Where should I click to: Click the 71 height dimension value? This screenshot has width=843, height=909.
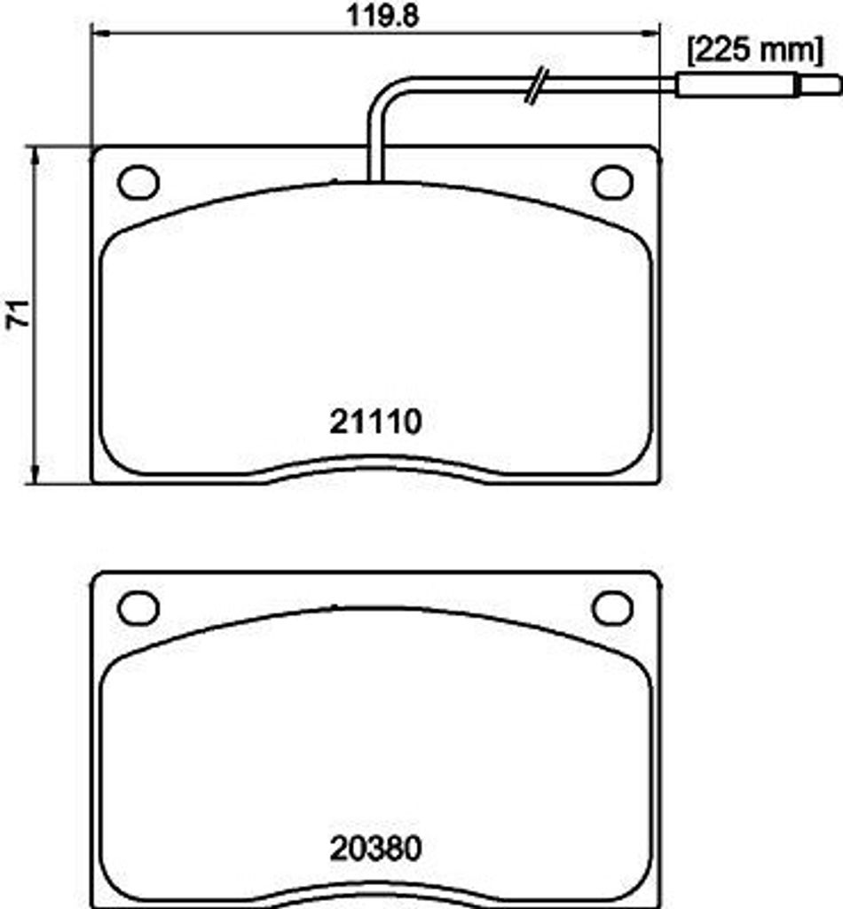click(19, 315)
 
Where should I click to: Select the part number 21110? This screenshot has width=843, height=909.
click(374, 423)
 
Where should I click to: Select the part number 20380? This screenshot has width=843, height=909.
click(374, 849)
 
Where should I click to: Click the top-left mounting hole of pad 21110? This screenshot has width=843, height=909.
click(138, 183)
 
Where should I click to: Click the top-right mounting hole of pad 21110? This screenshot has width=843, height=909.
click(611, 183)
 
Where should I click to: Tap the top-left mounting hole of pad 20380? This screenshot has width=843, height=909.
click(138, 608)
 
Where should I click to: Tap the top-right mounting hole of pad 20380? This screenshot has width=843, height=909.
click(611, 608)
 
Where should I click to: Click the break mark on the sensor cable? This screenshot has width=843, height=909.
click(537, 86)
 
